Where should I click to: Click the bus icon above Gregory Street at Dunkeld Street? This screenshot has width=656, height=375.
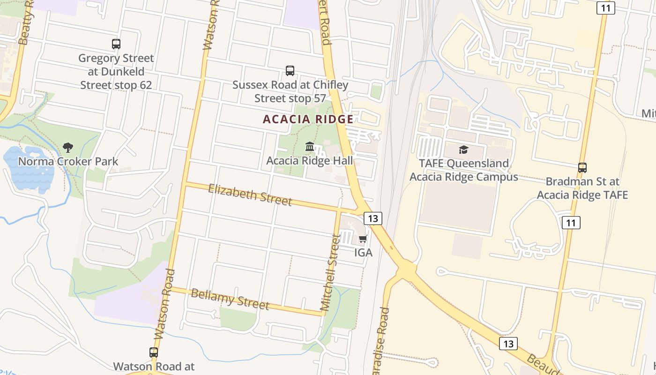pos(116,44)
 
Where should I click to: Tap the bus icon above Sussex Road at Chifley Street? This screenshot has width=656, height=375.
pos(290,71)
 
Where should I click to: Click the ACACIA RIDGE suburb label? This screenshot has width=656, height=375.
pos(308,119)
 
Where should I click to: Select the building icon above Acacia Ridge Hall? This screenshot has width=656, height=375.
pos(309,147)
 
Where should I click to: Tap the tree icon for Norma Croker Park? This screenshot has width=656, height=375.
pos(68,148)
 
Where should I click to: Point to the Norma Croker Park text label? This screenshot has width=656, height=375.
pos(68,161)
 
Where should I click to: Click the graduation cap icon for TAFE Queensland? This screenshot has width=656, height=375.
pos(463,150)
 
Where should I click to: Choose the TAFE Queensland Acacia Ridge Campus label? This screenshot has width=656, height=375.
pos(464,170)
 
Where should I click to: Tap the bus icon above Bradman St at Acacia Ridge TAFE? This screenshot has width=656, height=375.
pos(582,167)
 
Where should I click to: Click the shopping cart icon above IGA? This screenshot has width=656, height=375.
pos(363,239)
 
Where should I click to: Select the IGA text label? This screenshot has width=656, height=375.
pos(363,253)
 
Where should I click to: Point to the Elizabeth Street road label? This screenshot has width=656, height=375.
pos(250,195)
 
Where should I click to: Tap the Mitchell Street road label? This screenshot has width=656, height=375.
pos(329,273)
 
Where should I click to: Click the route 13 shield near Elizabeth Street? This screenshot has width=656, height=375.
pos(373,218)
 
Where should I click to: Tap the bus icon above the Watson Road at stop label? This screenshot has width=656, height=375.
pos(154,352)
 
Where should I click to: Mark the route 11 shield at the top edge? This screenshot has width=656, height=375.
pos(605,7)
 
